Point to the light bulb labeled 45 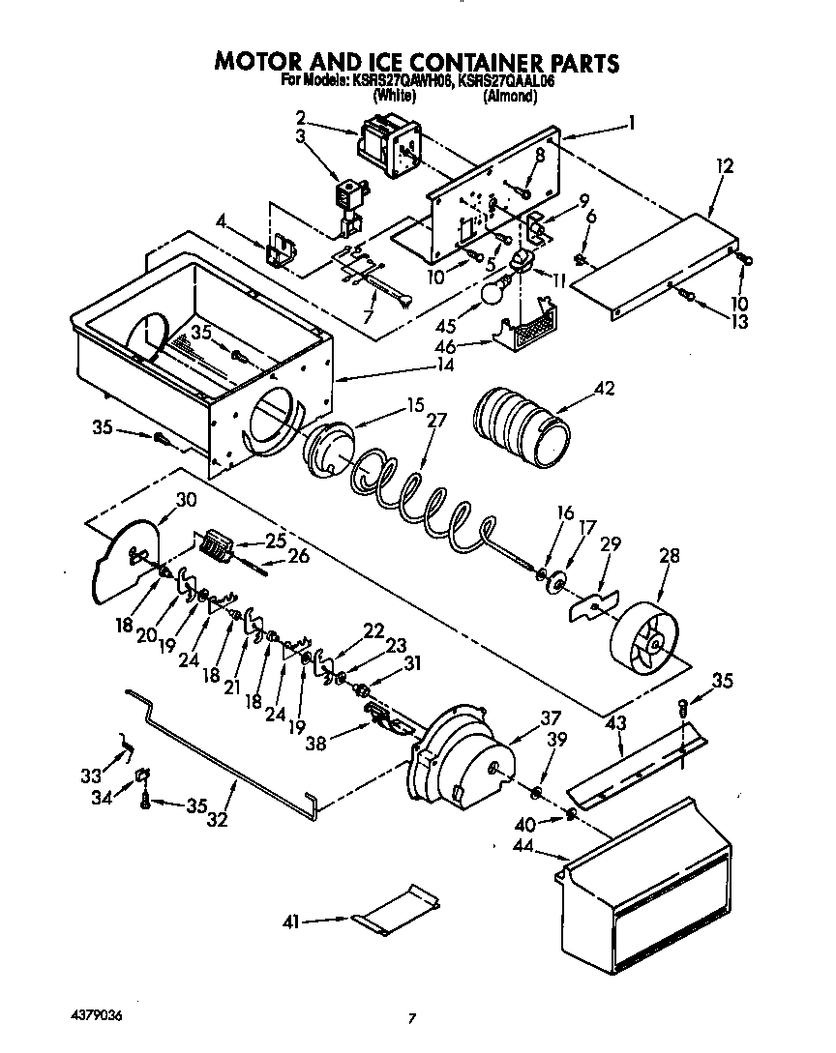[x=494, y=291]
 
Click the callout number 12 [x=724, y=166]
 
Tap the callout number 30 [x=186, y=500]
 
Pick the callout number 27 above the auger [x=436, y=420]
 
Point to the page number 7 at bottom [x=413, y=1018]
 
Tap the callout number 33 [x=91, y=775]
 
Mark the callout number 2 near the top [x=302, y=118]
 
